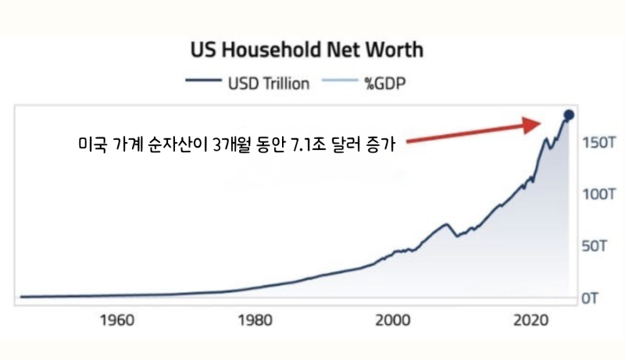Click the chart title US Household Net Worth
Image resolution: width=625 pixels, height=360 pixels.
coord(307,51)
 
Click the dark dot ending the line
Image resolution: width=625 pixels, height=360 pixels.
coord(569,115)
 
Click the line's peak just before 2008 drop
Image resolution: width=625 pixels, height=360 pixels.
coord(446,224)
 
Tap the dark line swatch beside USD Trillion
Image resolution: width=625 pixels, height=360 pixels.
coord(204,82)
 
